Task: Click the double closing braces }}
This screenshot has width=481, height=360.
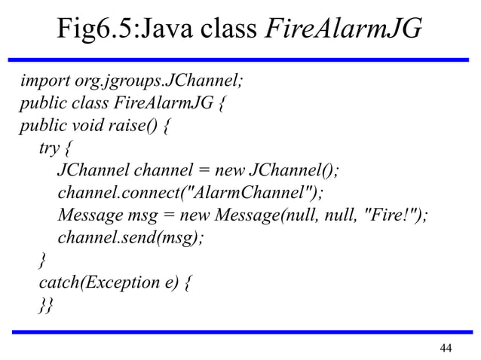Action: coord(47,306)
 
